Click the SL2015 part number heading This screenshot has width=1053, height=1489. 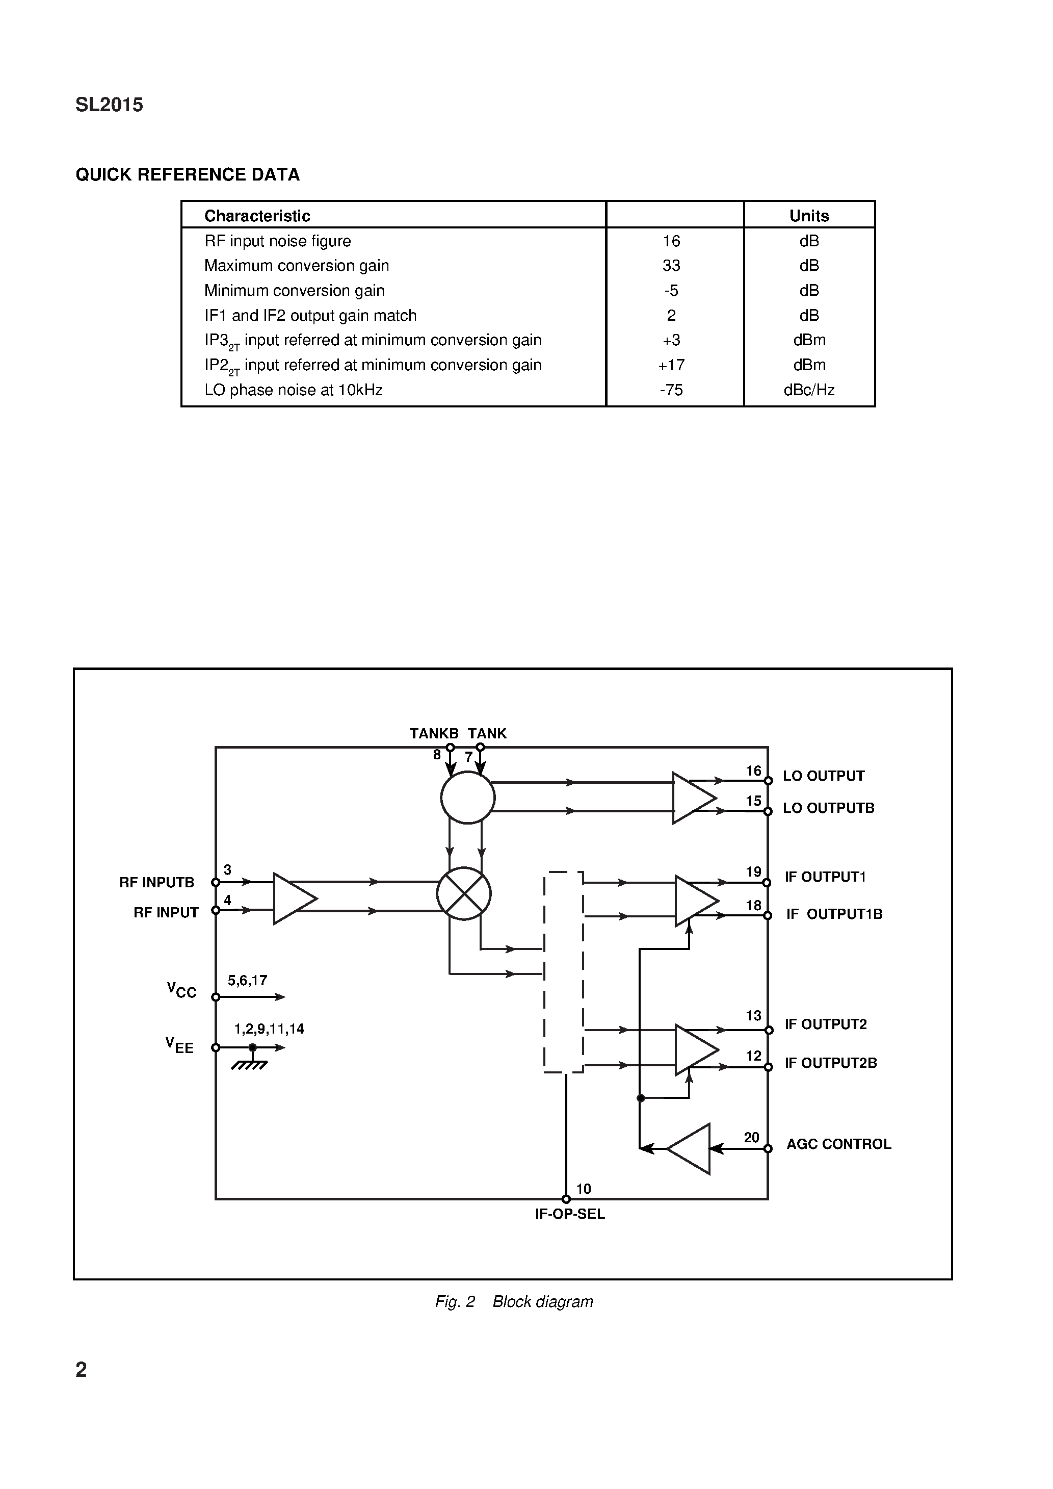click(109, 105)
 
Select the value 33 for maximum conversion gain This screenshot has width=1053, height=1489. click(671, 266)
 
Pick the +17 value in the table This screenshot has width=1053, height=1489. click(671, 365)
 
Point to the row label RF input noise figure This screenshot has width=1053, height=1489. click(277, 241)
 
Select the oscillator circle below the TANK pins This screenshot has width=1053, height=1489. click(467, 797)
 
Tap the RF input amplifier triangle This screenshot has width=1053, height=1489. click(293, 898)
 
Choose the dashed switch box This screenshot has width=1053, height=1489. click(564, 971)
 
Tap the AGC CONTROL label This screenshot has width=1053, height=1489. click(838, 1144)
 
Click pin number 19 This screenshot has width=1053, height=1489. click(753, 872)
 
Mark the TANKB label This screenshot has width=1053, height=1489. click(434, 733)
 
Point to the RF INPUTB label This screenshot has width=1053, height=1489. click(156, 883)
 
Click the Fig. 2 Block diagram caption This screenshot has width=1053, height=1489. click(514, 1301)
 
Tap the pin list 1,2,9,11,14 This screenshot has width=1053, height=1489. click(269, 1029)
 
